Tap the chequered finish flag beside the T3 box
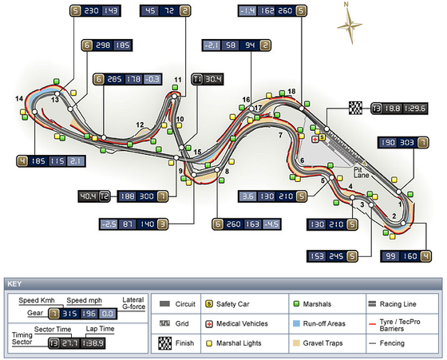pyautogui.click(x=355, y=108)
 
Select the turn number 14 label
pyautogui.click(x=19, y=99)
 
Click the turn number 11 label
pyautogui.click(x=177, y=80)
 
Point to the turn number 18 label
pyautogui.click(x=291, y=91)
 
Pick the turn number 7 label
pyautogui.click(x=280, y=135)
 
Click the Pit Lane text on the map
pyautogui.click(x=361, y=172)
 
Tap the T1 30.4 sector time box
pyautogui.click(x=208, y=79)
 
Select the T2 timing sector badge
pyautogui.click(x=105, y=196)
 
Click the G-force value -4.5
pyautogui.click(x=271, y=224)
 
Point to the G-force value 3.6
pyautogui.click(x=247, y=196)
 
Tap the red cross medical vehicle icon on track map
pyautogui.click(x=314, y=140)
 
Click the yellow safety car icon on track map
pyautogui.click(x=322, y=137)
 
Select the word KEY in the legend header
pyautogui.click(x=14, y=284)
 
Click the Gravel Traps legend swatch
pyautogui.click(x=296, y=343)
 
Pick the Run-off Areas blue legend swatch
pyautogui.click(x=296, y=323)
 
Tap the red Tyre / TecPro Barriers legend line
pyautogui.click(x=372, y=324)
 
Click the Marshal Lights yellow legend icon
pyautogui.click(x=209, y=343)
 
